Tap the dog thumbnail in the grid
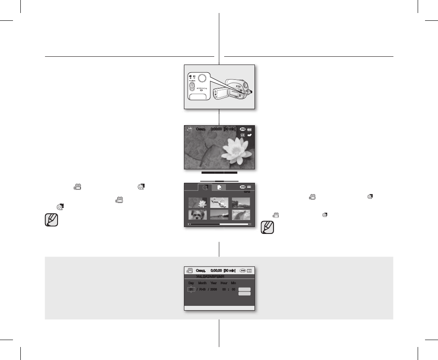point(197,214)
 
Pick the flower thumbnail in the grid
point(197,202)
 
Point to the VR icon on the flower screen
point(243,135)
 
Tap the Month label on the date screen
point(202,282)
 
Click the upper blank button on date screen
point(245,289)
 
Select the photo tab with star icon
point(219,187)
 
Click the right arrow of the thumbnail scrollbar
point(249,224)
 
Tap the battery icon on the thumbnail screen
point(249,187)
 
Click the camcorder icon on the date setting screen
point(189,270)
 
